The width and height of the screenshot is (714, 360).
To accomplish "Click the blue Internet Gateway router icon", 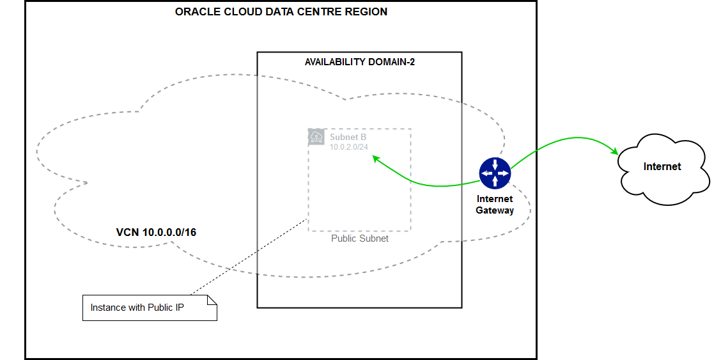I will pyautogui.click(x=495, y=173).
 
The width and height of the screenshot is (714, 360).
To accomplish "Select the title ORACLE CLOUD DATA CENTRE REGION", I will pyautogui.click(x=281, y=12).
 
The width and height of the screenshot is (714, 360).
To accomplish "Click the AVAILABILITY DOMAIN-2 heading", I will pyautogui.click(x=360, y=62).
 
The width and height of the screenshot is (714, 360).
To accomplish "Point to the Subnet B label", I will pyautogui.click(x=348, y=137).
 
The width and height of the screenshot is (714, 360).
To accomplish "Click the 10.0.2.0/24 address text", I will pyautogui.click(x=349, y=147).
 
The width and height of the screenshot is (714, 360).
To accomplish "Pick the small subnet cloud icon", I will pyautogui.click(x=316, y=136).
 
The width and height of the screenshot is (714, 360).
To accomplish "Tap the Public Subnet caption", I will pyautogui.click(x=360, y=239).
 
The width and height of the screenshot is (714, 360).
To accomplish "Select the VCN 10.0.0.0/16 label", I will pyautogui.click(x=156, y=232).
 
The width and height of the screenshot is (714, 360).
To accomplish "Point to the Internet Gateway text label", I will pyautogui.click(x=495, y=205).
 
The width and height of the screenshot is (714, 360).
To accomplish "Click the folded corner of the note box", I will pyautogui.click(x=212, y=300).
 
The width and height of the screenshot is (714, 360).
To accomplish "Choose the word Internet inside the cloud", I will pyautogui.click(x=662, y=167).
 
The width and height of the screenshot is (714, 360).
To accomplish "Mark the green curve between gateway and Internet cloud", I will pyautogui.click(x=563, y=139).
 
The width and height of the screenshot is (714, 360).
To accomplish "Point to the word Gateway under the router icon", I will pyautogui.click(x=495, y=210).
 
